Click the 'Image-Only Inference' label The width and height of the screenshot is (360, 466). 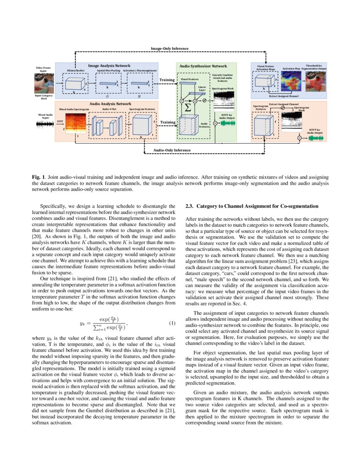coord(170,49)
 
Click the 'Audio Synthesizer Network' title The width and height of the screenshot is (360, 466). coord(203,66)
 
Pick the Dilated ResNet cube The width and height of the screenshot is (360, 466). coord(74,83)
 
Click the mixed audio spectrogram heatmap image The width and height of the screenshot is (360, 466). coord(75,123)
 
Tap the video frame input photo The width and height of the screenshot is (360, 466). coord(47,83)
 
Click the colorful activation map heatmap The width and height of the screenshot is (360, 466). coord(291,82)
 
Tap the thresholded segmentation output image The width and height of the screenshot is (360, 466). coord(316,82)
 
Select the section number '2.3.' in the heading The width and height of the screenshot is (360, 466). coord(190,206)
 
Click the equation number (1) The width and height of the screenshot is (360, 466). coord(172,324)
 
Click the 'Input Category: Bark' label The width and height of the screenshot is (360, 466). coord(46,97)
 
